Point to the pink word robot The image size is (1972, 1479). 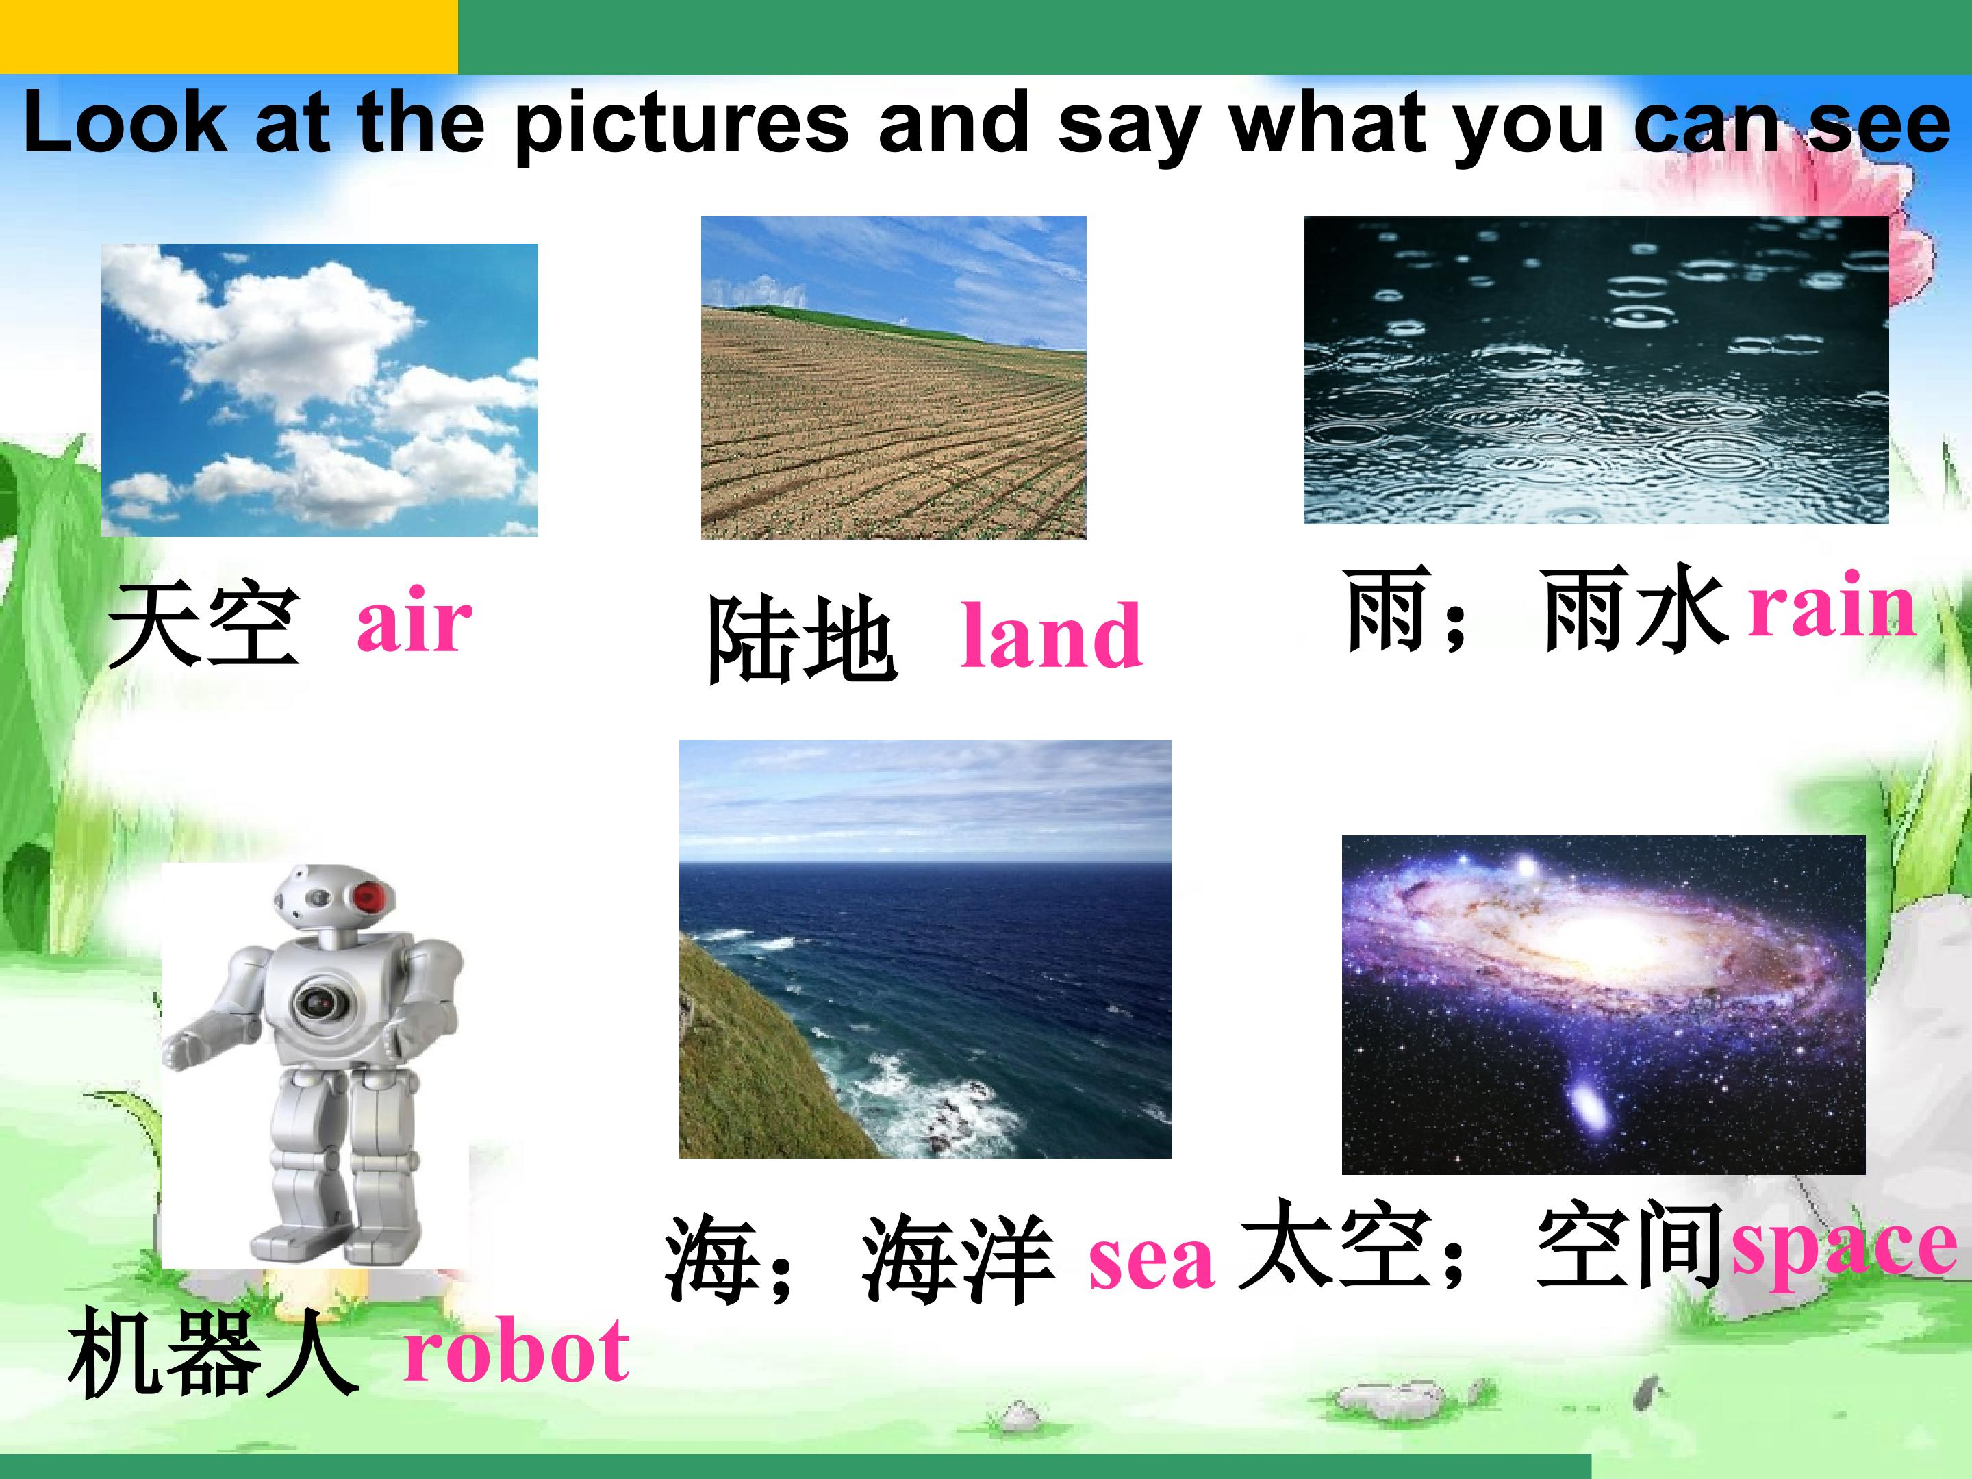pyautogui.click(x=516, y=1351)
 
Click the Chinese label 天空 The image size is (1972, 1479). pyautogui.click(x=203, y=623)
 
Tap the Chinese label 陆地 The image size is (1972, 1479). pyautogui.click(x=800, y=640)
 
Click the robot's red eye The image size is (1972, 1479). pyautogui.click(x=372, y=895)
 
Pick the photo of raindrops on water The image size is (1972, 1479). pyautogui.click(x=1596, y=370)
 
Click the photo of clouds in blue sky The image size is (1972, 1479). pyautogui.click(x=319, y=390)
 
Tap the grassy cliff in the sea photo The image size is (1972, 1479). pyautogui.click(x=749, y=1070)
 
